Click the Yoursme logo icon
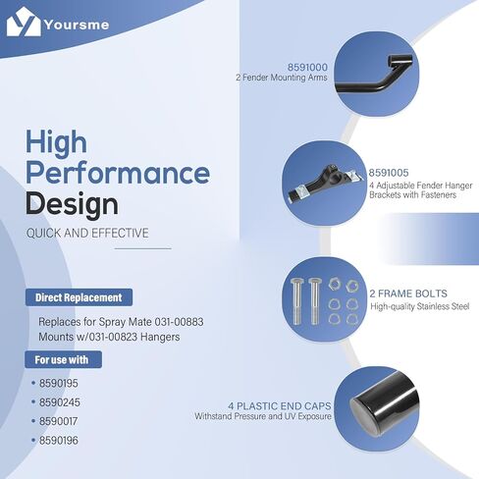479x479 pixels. point(24,22)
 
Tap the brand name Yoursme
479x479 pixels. point(77,25)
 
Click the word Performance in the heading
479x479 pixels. point(118,173)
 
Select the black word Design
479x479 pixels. point(72,204)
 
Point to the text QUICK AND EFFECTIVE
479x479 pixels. point(87,234)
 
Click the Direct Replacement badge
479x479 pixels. point(79,297)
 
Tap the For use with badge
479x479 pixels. point(63,359)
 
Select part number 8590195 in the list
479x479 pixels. point(59,383)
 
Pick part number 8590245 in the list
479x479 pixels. point(60,402)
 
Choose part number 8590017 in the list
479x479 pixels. point(59,421)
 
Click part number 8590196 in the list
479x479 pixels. point(59,440)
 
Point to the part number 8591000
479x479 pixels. point(307,67)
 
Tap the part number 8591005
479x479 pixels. point(389,173)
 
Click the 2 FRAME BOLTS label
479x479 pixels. point(408,293)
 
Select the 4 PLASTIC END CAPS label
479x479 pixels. point(280,406)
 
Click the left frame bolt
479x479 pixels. point(297,301)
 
